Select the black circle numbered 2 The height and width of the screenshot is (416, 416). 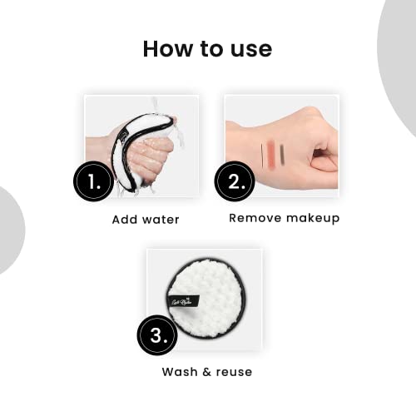tap(235, 181)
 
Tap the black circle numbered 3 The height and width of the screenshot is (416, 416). tap(157, 335)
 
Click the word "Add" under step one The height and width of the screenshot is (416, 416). tap(126, 220)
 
